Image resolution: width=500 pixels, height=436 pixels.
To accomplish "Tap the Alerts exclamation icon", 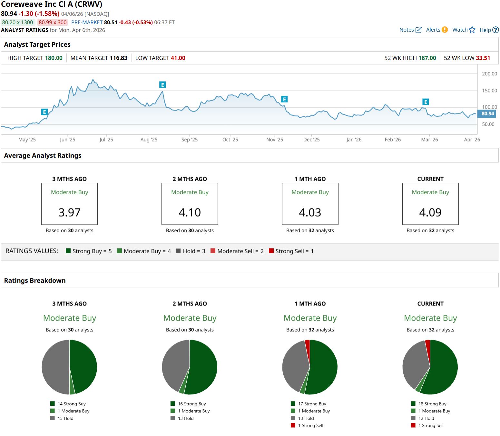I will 445,30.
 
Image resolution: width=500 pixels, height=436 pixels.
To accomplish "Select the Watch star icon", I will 472,30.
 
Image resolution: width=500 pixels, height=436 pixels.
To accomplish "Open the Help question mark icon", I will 495,30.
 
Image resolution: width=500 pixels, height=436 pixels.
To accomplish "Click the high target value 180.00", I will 54,58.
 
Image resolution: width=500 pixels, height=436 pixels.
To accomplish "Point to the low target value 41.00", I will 178,58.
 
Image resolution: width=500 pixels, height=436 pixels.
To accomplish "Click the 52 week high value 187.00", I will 427,58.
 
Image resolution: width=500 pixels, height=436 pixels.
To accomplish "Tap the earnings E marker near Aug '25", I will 162,85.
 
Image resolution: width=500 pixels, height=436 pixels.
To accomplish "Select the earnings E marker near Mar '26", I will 426,102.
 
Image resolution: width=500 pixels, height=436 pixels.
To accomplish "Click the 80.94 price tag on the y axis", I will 487,113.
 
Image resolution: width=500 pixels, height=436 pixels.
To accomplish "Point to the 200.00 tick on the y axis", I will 489,74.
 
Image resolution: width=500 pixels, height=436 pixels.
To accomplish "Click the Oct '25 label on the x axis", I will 230,140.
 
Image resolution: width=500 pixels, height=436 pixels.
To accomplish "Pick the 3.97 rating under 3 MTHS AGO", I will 69,212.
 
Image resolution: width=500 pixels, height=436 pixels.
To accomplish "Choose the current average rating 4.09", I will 430,212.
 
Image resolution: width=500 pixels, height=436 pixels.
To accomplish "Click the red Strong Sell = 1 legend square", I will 271,251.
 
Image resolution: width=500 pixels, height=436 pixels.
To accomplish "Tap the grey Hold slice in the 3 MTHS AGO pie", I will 55,367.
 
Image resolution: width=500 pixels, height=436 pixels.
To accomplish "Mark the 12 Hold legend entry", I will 426,418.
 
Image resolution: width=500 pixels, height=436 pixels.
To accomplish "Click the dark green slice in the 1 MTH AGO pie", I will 322,367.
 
